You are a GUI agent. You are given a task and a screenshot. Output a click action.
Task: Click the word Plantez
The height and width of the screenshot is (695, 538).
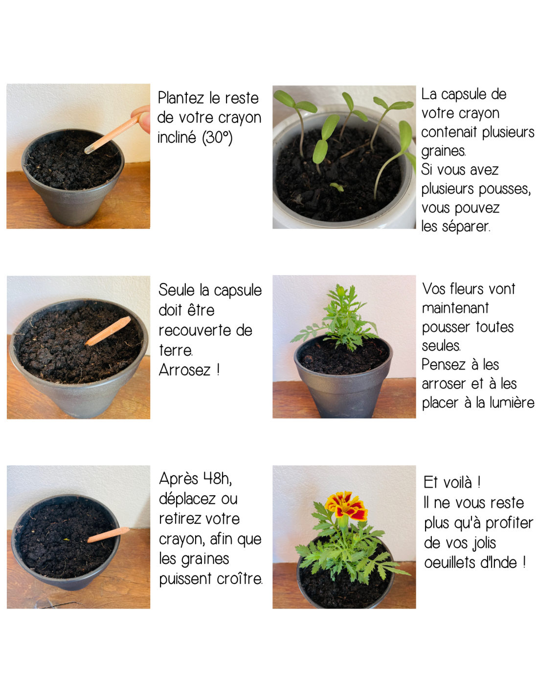181,98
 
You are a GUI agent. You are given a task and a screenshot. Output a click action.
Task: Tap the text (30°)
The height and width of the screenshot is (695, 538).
217,137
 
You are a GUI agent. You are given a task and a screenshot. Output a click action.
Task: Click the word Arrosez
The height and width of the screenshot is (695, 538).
184,370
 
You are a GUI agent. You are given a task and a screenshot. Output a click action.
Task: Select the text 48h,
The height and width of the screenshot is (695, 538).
218,479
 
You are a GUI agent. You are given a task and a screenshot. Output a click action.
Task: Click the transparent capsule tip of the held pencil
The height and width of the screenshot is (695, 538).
90,149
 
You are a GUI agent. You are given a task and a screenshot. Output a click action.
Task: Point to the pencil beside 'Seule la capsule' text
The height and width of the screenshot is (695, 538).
108,331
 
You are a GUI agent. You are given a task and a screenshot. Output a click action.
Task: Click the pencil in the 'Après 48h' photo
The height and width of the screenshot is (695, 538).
109,535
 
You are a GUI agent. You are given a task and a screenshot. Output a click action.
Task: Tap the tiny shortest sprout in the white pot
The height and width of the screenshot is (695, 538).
336,187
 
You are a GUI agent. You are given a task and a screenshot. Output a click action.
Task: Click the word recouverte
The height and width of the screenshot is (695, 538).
194,330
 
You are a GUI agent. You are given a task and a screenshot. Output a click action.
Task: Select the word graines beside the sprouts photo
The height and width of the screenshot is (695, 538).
443,151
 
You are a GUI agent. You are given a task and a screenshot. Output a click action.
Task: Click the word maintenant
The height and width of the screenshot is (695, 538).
455,308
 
